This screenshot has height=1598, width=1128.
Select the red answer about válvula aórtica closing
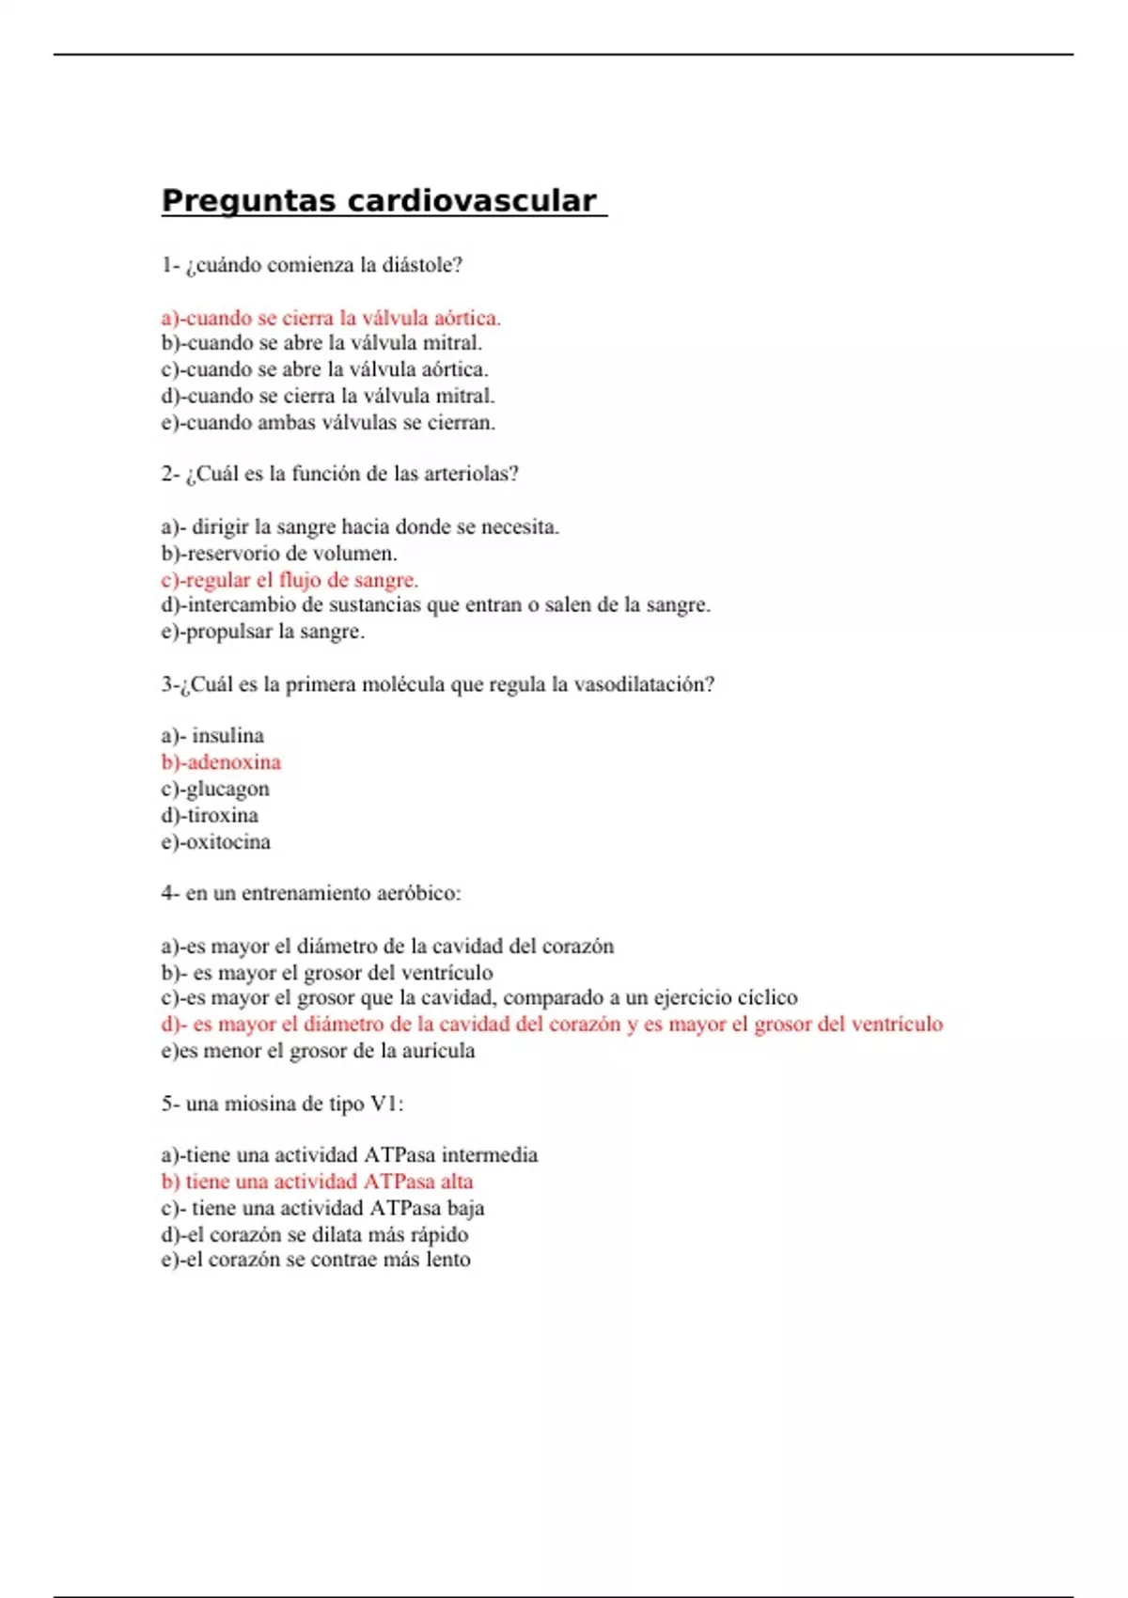(331, 318)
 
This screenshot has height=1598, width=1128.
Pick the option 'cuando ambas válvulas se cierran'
(328, 423)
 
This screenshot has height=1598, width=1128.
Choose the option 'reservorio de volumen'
(279, 554)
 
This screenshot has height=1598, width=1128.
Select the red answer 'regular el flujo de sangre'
(290, 580)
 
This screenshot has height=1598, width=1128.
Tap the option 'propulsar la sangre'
(262, 632)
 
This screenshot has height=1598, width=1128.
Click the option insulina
(227, 736)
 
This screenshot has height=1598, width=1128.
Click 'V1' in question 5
(384, 1104)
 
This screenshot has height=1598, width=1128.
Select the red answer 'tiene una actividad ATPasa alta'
(317, 1182)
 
